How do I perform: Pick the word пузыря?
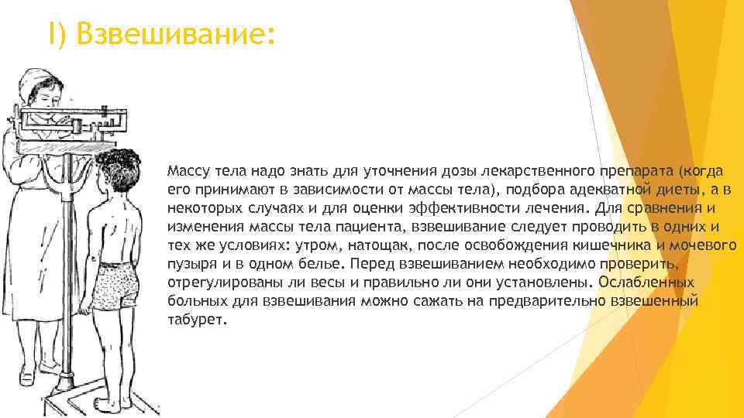coord(188,264)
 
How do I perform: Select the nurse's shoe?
coord(27,377)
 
